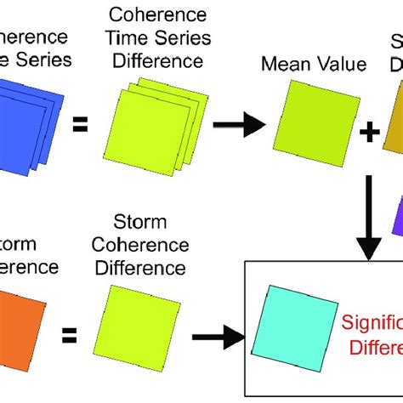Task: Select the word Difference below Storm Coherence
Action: pos(144,268)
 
